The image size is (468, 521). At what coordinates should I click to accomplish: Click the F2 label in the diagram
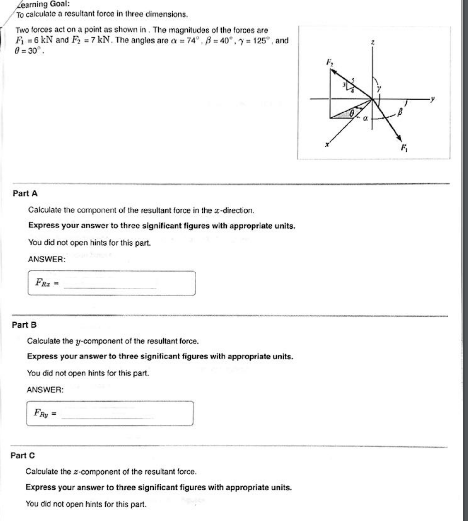(329, 62)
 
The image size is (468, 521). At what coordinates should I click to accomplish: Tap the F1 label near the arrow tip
(404, 147)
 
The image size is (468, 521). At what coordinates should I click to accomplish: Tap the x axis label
(327, 145)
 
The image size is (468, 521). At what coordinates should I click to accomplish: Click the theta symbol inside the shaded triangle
(351, 112)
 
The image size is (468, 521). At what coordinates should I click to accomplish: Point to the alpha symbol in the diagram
(365, 118)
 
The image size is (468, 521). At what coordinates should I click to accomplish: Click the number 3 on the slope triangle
(344, 84)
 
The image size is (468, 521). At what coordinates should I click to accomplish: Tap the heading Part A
(25, 193)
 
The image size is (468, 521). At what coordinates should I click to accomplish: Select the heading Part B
(24, 325)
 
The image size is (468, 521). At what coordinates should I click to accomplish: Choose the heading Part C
(23, 455)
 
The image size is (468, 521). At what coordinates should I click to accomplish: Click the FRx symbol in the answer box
(43, 283)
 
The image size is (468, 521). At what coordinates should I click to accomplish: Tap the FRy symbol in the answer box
(41, 413)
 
